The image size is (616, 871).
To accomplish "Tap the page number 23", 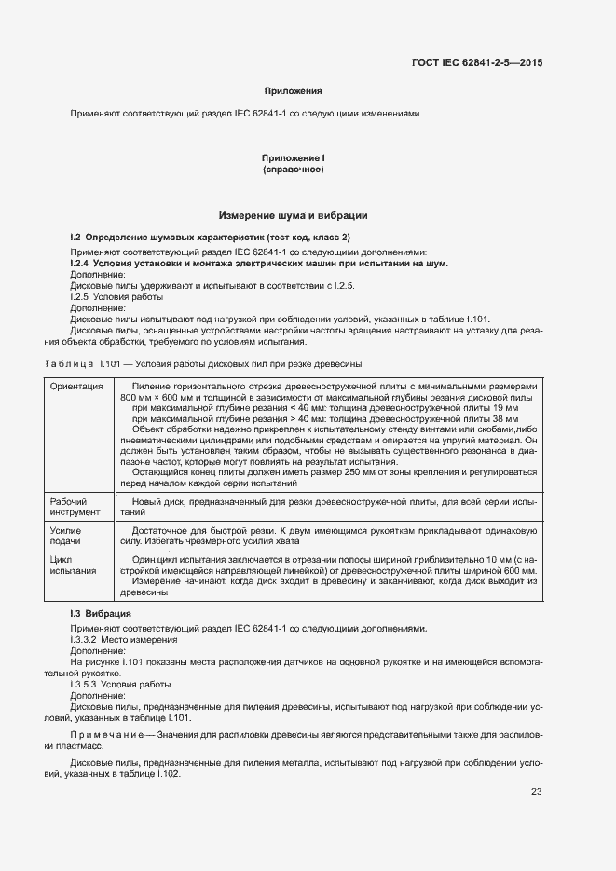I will pyautogui.click(x=536, y=793).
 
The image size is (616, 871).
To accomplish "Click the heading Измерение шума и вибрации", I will pyautogui.click(x=294, y=216).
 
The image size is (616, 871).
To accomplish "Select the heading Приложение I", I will pyautogui.click(x=294, y=159).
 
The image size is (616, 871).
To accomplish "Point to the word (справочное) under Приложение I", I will pyautogui.click(x=294, y=170).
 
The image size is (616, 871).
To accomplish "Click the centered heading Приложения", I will pyautogui.click(x=294, y=91).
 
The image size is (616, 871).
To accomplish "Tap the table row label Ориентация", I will pyautogui.click(x=76, y=387).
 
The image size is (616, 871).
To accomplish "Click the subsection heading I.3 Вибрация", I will pyautogui.click(x=101, y=615).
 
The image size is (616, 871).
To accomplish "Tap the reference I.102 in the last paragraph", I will pyautogui.click(x=167, y=774).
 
